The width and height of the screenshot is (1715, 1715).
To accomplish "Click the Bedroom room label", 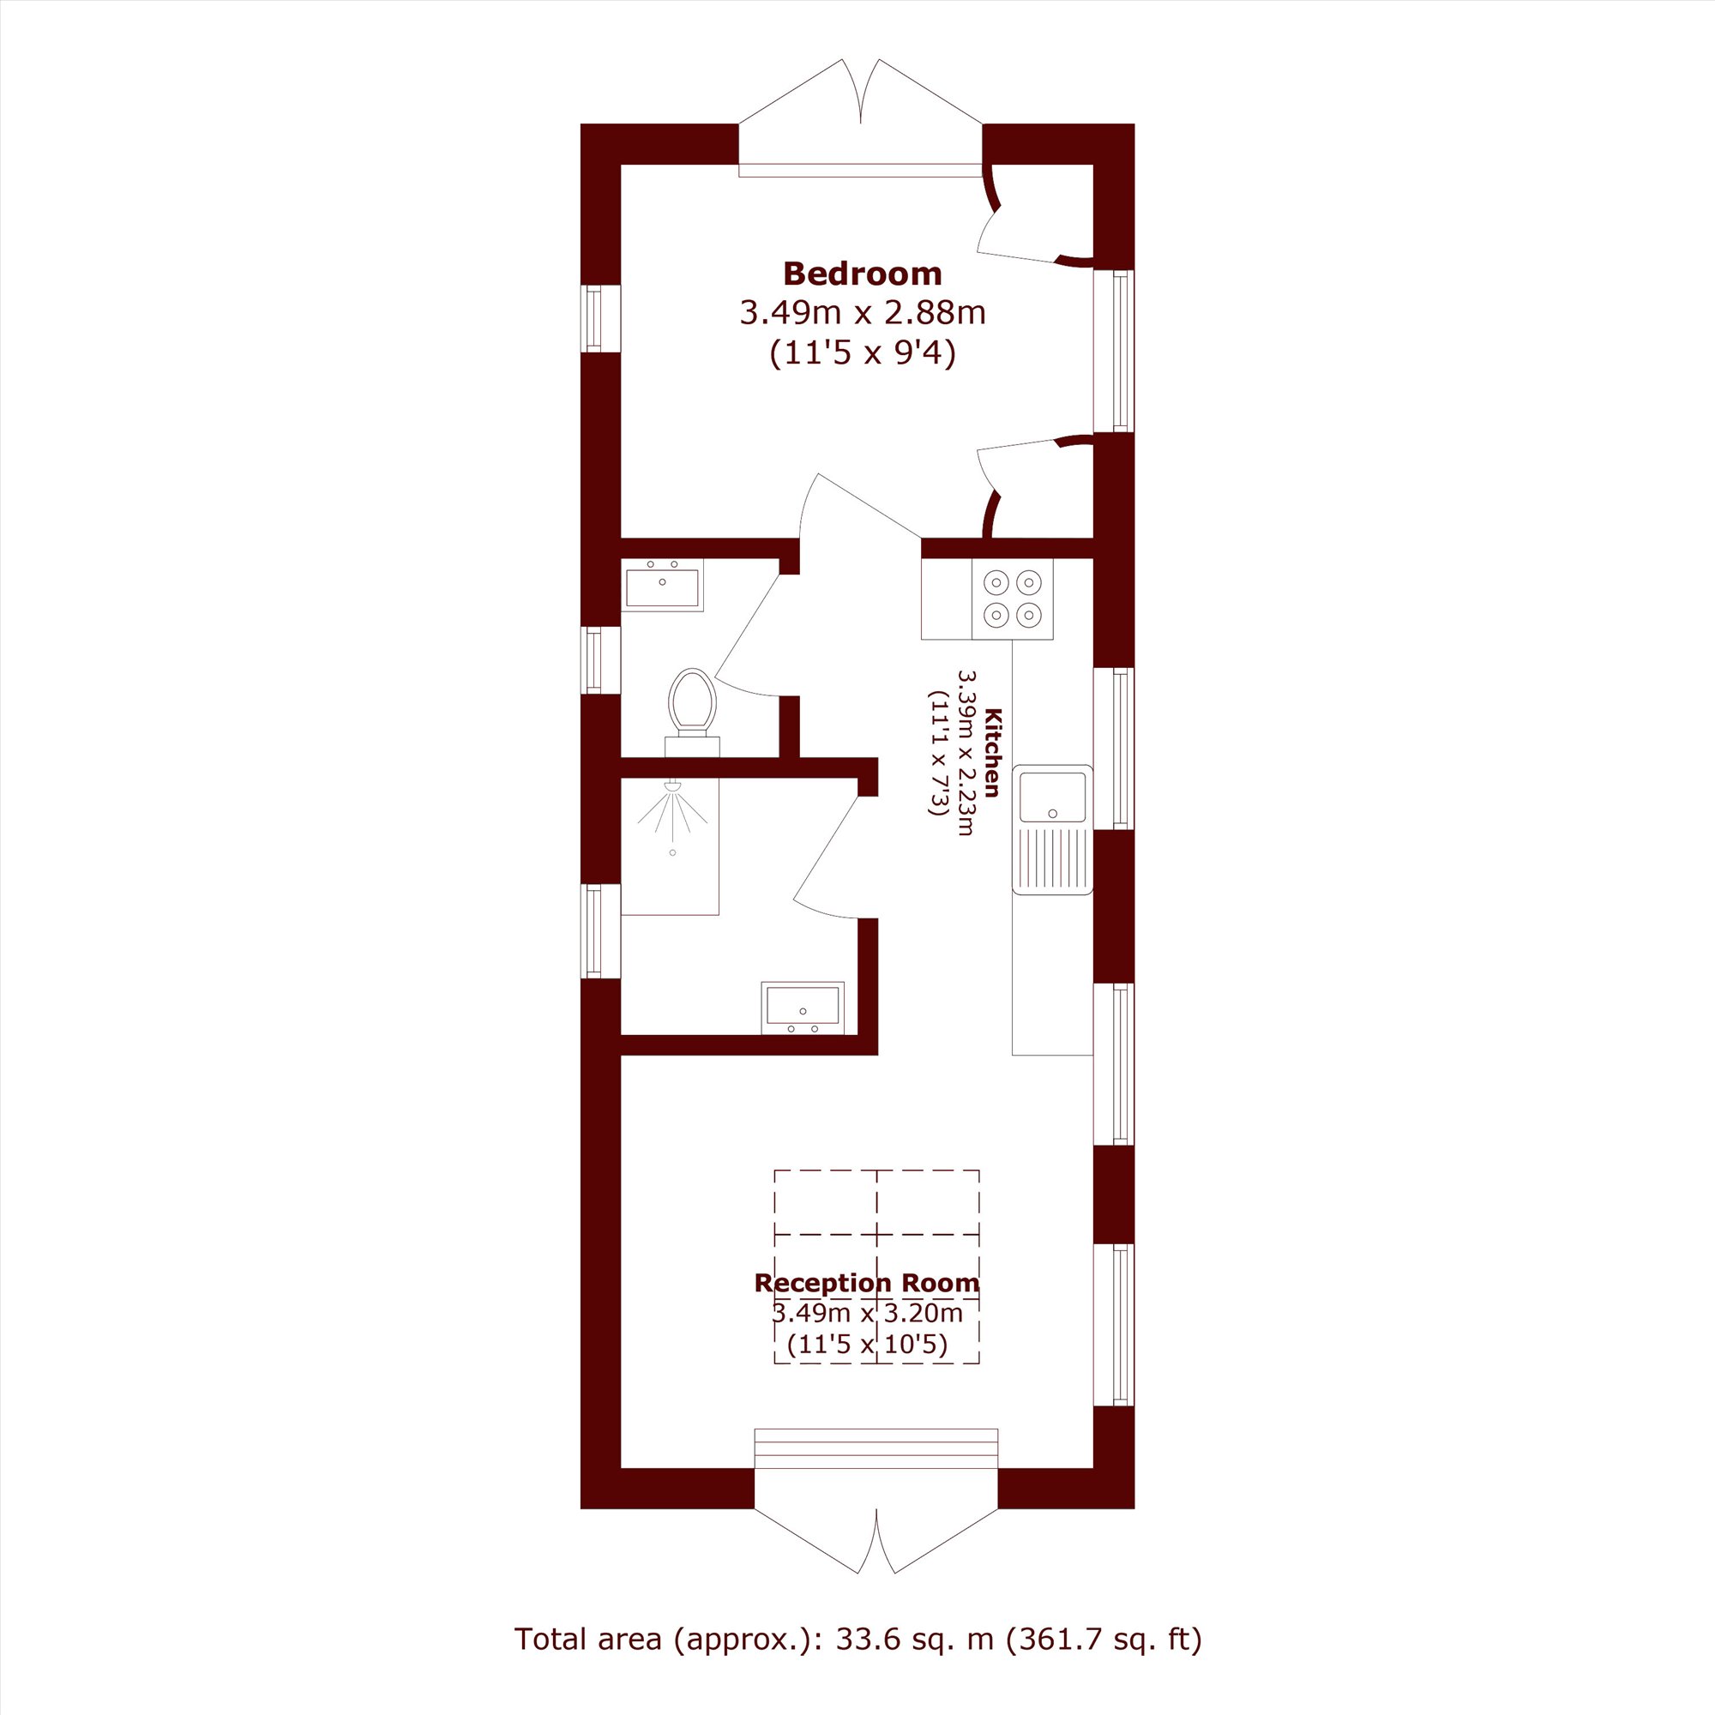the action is (x=862, y=274).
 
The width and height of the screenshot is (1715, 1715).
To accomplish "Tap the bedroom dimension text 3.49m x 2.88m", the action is (x=863, y=312).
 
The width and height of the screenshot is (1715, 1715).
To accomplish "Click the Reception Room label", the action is (x=867, y=1283).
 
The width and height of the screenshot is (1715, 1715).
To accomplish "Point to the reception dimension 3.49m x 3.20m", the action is (x=867, y=1313).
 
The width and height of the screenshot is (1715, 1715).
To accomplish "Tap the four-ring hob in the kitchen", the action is (x=1012, y=599).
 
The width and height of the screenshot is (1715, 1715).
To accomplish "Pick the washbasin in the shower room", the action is (x=803, y=1008).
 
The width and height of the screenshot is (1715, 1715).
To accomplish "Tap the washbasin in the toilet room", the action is (x=662, y=585).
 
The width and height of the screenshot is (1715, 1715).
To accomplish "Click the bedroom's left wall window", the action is (x=601, y=318).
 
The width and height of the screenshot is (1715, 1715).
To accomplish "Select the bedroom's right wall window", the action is (x=1114, y=351).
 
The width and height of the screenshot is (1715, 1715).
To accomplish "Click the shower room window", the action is (x=601, y=931).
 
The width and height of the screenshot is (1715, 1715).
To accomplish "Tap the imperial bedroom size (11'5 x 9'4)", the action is (x=863, y=353).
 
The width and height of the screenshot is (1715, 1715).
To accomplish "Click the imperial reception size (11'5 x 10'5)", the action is (x=867, y=1345).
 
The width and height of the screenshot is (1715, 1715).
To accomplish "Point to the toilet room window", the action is (x=601, y=659).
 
